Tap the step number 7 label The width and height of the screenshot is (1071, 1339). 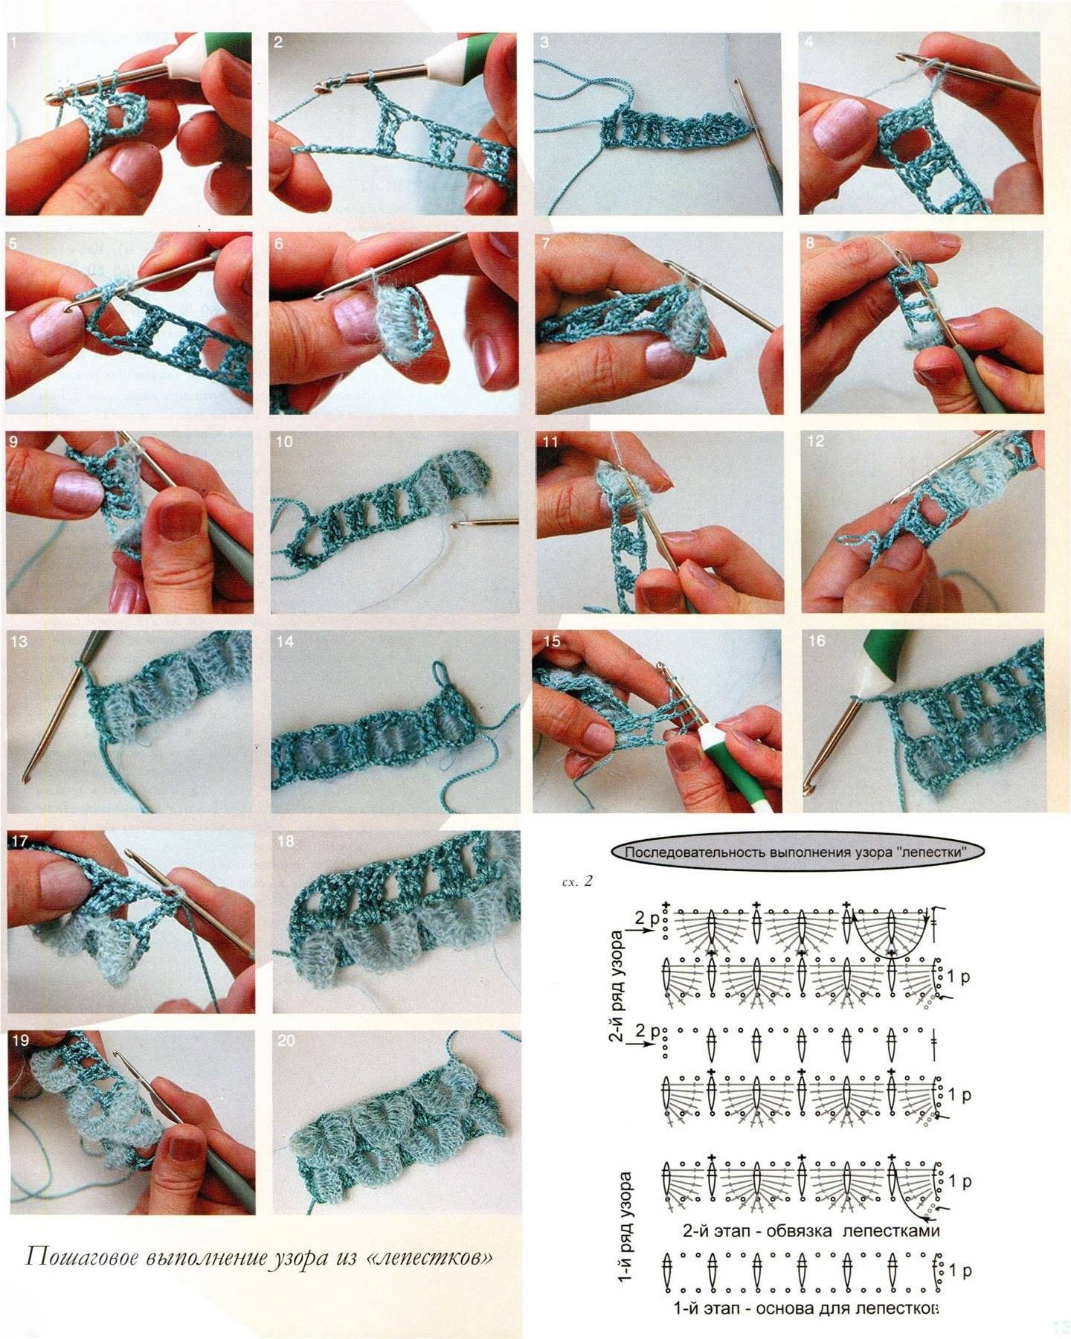(546, 243)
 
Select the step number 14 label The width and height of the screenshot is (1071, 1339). (285, 641)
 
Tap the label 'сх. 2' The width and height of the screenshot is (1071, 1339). (577, 882)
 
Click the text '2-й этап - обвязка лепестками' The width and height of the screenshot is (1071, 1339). (811, 1230)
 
